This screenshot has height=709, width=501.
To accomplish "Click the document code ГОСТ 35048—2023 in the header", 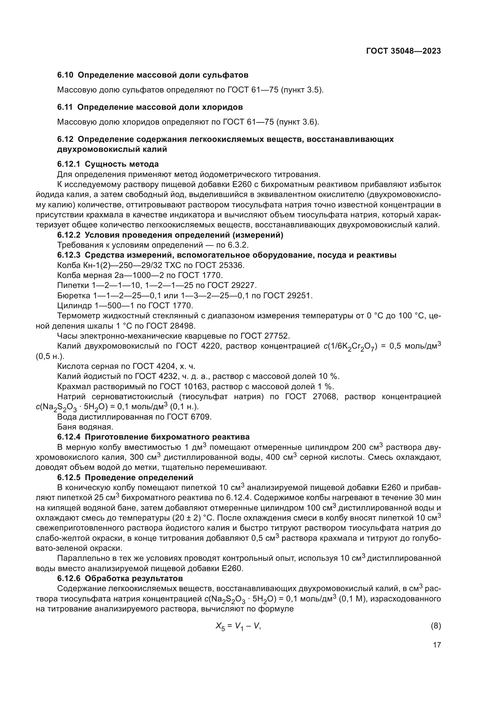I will [403, 51].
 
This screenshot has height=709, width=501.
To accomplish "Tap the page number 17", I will [437, 645].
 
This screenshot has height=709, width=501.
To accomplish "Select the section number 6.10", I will [65, 75].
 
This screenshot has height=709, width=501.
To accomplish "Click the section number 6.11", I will [65, 107].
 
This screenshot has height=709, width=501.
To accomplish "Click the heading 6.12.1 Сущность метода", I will [108, 164].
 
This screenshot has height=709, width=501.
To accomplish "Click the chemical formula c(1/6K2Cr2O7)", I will [350, 346].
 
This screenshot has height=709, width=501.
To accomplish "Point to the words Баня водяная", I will [85, 427].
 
